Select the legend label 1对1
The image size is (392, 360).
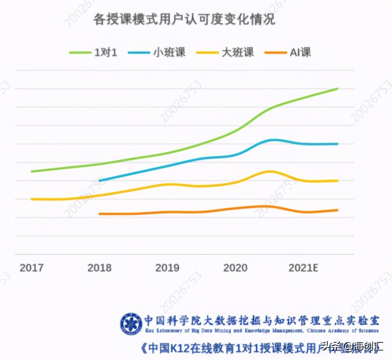106,52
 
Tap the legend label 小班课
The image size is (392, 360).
169,52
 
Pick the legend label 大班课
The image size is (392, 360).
237,52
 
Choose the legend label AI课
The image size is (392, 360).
300,52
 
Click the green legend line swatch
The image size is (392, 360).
80,53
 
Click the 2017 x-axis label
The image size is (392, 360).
31,268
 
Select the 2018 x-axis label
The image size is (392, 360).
100,268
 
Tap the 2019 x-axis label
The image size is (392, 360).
167,268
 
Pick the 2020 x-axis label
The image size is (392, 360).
235,268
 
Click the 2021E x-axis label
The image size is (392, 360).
303,268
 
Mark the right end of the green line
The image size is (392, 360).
337,89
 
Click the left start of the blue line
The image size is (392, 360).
100,181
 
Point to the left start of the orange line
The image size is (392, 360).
100,214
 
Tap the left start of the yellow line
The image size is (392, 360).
32,199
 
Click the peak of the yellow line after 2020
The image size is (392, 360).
269,171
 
